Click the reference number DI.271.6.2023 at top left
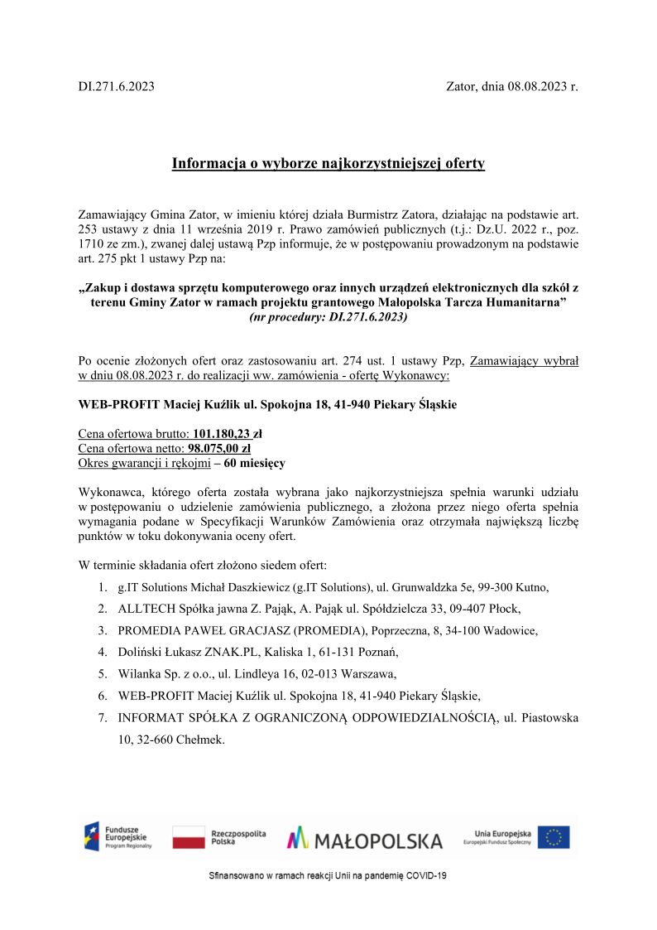coord(116,86)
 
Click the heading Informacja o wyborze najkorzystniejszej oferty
coord(328,163)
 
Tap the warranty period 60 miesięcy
coord(255,464)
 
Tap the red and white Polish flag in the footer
coord(189,837)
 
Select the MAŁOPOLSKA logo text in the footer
coord(365,840)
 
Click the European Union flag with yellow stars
coord(554,837)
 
